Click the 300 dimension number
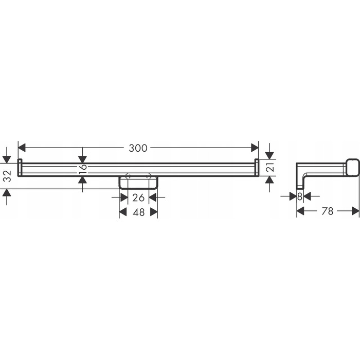pyautogui.click(x=138, y=148)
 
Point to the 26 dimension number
pyautogui.click(x=138, y=197)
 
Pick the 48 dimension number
pyautogui.click(x=138, y=212)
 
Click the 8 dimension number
pyautogui.click(x=300, y=196)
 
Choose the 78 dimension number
pyautogui.click(x=328, y=211)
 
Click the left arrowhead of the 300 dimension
pyautogui.click(x=22, y=148)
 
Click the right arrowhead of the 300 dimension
pyautogui.click(x=255, y=148)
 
